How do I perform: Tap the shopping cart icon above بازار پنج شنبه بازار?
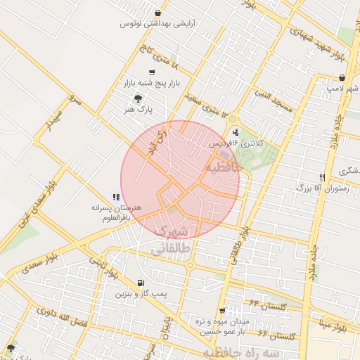152,72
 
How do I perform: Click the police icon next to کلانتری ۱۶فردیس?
235,131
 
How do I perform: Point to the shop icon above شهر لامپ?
342,77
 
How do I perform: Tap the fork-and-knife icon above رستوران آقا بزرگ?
322,177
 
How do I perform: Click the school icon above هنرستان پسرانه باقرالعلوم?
116,198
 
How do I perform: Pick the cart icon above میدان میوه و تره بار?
222,310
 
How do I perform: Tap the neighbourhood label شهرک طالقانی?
171,240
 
